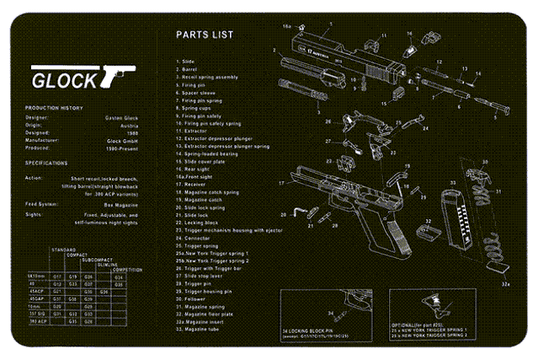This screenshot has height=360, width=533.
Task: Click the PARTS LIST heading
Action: tap(204, 35)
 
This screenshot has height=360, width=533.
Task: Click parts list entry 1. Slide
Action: tap(187, 60)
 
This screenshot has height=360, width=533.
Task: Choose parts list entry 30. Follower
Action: tap(194, 298)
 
